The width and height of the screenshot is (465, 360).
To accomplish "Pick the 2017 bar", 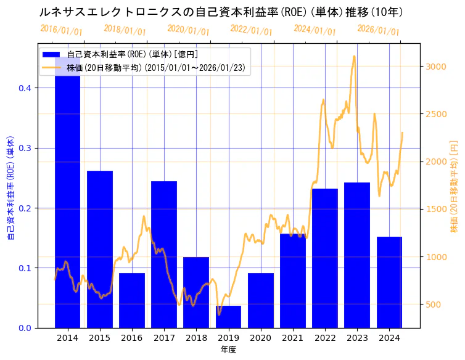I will click(x=164, y=255).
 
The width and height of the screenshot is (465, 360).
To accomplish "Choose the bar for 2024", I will click(x=389, y=282).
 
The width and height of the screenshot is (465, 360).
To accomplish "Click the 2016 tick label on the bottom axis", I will click(x=132, y=338).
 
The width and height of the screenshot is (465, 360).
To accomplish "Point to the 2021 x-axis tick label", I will click(x=293, y=338).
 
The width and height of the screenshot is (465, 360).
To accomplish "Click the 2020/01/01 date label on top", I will click(x=189, y=30).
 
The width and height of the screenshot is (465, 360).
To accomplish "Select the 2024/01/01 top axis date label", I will click(x=315, y=30).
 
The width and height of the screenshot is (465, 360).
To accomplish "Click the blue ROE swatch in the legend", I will click(x=51, y=54).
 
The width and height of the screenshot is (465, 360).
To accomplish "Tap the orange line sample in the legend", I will click(x=51, y=67).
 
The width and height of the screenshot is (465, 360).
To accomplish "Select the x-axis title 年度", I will click(x=228, y=350).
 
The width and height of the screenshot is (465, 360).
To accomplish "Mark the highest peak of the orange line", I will click(x=354, y=56).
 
